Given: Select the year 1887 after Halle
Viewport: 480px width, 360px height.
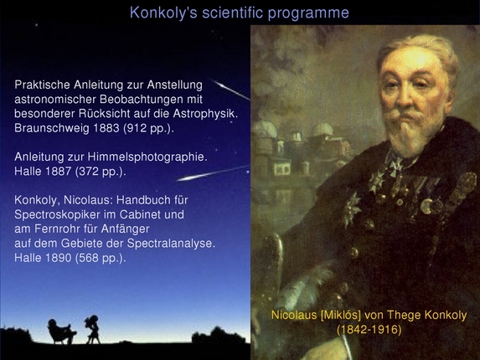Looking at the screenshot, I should (x=64, y=171).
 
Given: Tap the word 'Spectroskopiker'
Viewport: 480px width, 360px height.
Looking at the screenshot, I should (x=61, y=213).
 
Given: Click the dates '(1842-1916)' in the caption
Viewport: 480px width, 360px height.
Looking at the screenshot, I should (x=369, y=330).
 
